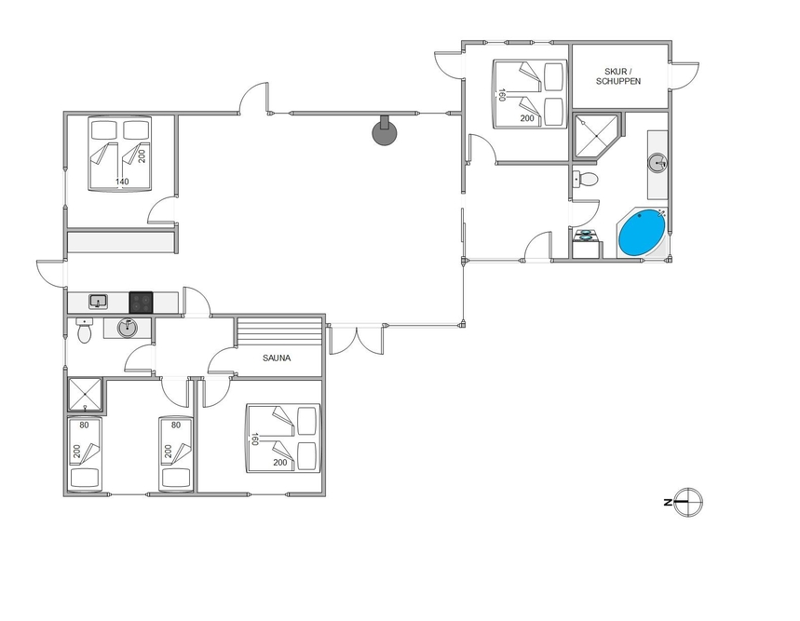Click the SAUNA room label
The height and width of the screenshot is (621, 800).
click(277, 358)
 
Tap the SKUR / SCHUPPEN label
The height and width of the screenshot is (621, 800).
click(618, 76)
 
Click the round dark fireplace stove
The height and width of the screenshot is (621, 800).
click(385, 130)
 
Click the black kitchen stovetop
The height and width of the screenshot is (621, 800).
click(141, 302)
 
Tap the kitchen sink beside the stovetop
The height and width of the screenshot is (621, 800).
click(98, 302)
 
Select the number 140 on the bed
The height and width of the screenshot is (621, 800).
click(122, 182)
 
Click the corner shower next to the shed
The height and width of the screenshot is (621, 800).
click(596, 136)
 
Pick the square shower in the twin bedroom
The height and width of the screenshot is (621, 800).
click(85, 394)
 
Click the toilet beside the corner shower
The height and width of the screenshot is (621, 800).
click(585, 179)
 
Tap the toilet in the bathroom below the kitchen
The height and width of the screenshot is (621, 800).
click(84, 331)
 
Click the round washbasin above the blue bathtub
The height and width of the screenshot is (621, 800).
click(658, 163)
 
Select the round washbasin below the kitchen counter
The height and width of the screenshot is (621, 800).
click(128, 328)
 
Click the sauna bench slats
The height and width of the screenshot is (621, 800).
click(279, 331)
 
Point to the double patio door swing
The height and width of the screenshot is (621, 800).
click(356, 340)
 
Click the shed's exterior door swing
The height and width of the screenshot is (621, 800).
click(685, 76)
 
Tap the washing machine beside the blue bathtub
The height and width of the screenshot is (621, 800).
click(585, 244)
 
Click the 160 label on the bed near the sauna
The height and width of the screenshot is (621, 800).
click(254, 439)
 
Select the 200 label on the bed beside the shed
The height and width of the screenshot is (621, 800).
click(527, 118)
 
